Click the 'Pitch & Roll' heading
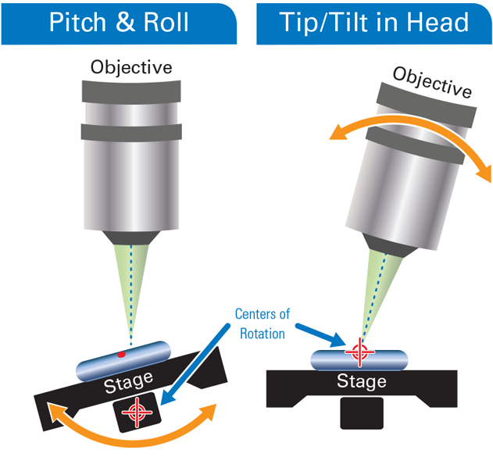point(119,21)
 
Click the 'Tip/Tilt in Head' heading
point(374,21)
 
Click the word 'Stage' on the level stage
point(362,382)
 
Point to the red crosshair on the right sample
point(359,351)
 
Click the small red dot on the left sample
point(122,355)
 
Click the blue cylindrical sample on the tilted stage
point(125,359)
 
